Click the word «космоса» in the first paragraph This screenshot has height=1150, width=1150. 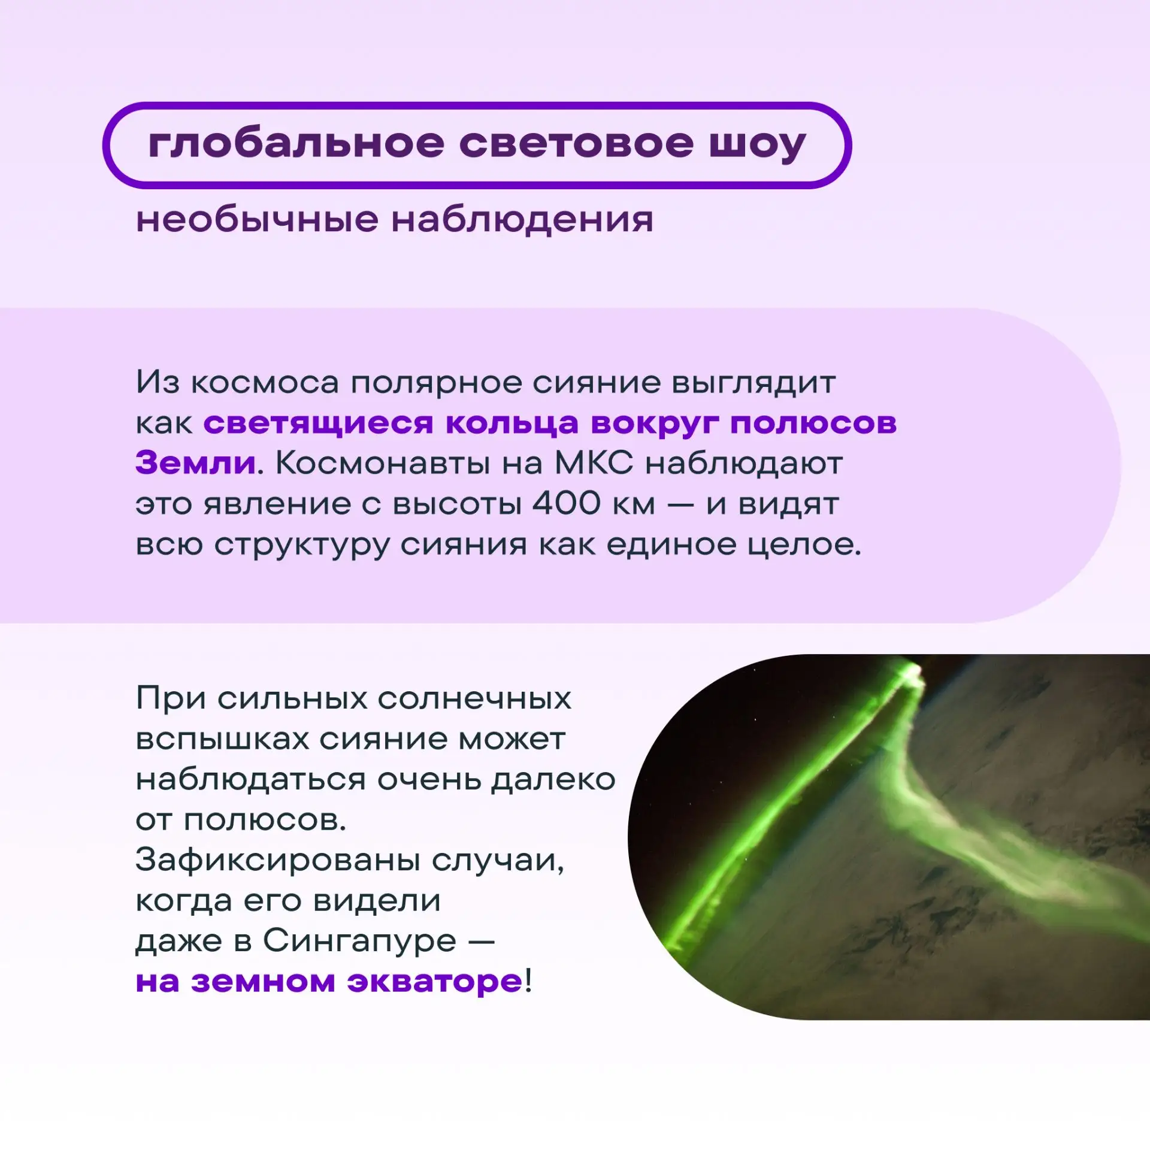pos(265,383)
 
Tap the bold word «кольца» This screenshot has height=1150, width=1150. pos(512,423)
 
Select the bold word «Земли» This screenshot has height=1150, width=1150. pos(196,463)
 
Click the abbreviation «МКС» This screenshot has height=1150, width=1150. pos(594,463)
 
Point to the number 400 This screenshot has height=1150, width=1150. pos(566,503)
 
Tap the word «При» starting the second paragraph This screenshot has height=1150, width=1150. pos(171,698)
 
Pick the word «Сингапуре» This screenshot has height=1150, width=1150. pos(359,941)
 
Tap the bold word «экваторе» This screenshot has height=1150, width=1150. pos(435,982)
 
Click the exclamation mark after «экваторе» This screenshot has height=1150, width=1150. pos(528,980)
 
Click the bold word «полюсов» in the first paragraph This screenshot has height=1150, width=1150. pos(813,423)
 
